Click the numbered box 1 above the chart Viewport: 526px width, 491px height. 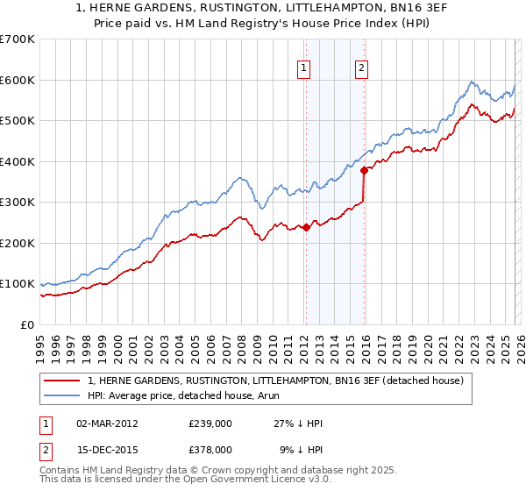tap(303, 68)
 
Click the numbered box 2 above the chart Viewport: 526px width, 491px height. tap(361, 68)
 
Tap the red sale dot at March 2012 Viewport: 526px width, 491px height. tap(306, 227)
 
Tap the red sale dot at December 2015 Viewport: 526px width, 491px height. tap(364, 171)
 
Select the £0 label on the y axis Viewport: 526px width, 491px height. tap(28, 324)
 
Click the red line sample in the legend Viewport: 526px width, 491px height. tap(63, 381)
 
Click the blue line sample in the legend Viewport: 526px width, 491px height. tap(63, 395)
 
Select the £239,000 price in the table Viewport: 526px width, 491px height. tap(210, 423)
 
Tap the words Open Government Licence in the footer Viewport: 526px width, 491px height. tap(240, 480)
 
